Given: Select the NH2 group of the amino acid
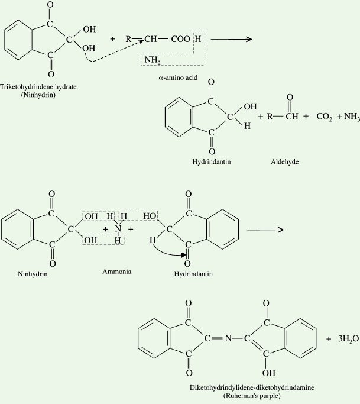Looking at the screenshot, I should [x=152, y=58].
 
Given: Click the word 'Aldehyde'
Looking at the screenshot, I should [x=283, y=161].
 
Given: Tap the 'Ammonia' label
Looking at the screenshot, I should [x=116, y=272].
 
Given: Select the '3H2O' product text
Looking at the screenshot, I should [x=342, y=339].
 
